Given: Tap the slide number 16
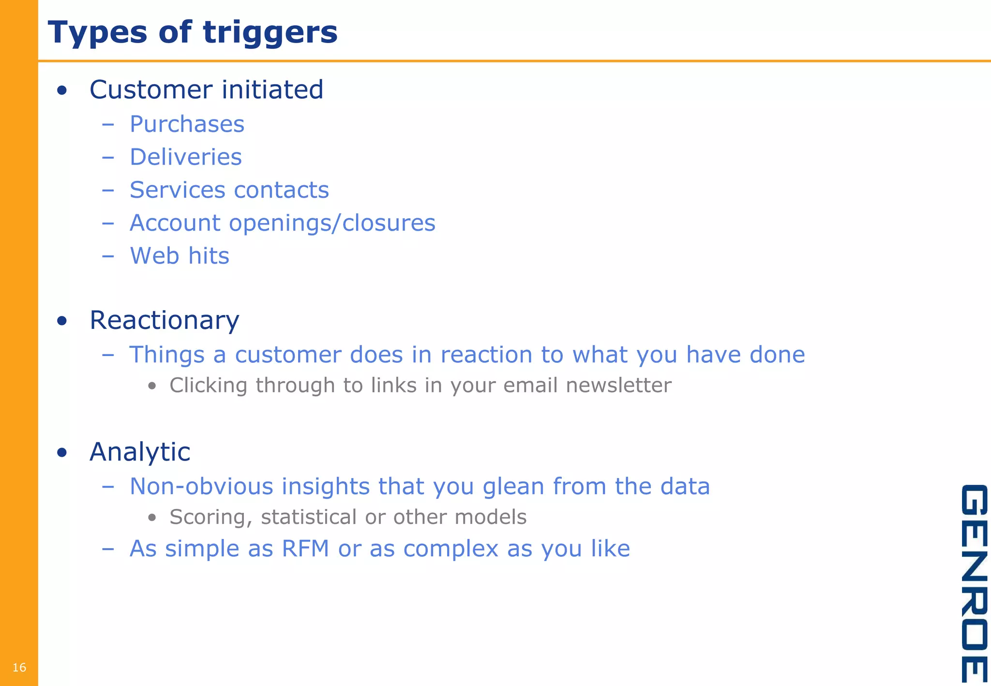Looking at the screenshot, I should [x=19, y=668].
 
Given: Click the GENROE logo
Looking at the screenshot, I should [x=974, y=583].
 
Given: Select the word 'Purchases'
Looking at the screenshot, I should [x=187, y=124].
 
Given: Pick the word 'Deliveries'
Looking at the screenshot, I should [x=186, y=157].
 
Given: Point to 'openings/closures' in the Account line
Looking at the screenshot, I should [x=332, y=223].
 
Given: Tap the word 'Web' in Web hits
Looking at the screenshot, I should [x=154, y=256].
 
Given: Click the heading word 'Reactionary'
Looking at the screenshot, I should [x=165, y=320].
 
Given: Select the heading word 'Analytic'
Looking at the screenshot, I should [x=140, y=452].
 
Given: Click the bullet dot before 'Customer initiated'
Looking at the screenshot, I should [x=61, y=90].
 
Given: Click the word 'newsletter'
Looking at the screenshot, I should [x=618, y=386].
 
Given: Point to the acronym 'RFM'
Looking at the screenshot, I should [x=305, y=549].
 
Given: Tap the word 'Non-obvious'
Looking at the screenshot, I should [x=201, y=486].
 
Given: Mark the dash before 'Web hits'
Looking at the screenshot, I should [x=108, y=256].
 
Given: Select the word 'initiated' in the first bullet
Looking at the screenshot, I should [x=272, y=90].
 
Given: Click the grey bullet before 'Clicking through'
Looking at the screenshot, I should [x=152, y=386].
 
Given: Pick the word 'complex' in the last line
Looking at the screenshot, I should [x=450, y=549].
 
